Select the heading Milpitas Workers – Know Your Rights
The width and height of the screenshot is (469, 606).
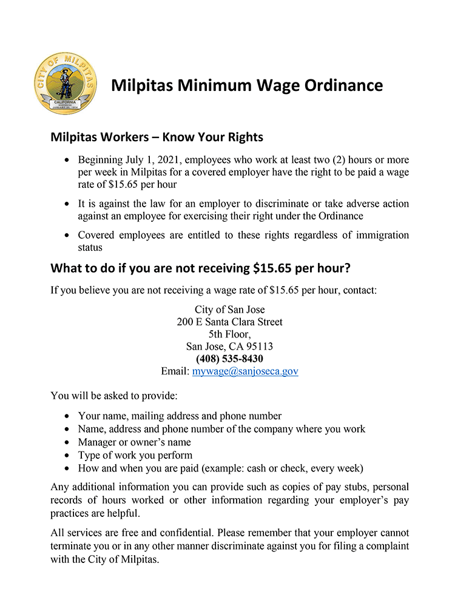157,137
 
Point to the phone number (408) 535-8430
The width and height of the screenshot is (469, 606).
229,359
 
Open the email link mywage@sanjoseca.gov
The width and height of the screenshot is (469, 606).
245,371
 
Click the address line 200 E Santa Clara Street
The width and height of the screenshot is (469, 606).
229,322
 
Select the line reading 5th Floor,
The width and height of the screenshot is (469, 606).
229,334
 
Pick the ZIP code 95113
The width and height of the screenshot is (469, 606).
259,347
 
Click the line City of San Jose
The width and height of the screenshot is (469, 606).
229,309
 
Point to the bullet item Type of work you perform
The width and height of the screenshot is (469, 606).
135,455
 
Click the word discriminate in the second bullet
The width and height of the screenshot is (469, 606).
306,204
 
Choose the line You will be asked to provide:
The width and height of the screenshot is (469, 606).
114,397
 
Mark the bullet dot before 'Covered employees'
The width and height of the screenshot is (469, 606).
67,236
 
